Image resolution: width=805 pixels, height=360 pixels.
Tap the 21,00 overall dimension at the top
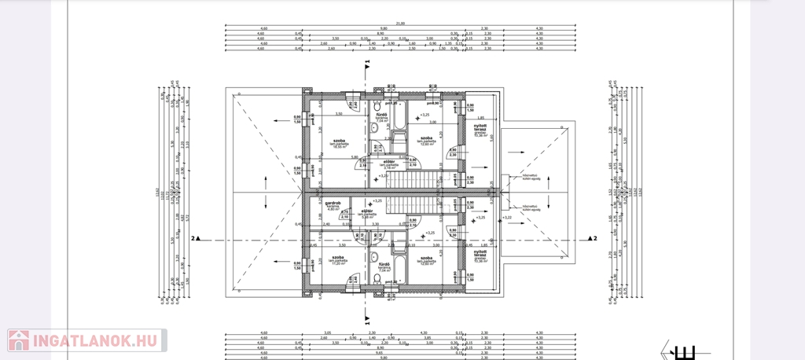[x=400, y=23]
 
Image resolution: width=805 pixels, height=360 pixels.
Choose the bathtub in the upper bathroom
[x=396, y=119]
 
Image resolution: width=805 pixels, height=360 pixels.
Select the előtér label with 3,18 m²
[x=388, y=163]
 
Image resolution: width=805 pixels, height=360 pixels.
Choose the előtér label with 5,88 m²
[x=367, y=213]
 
